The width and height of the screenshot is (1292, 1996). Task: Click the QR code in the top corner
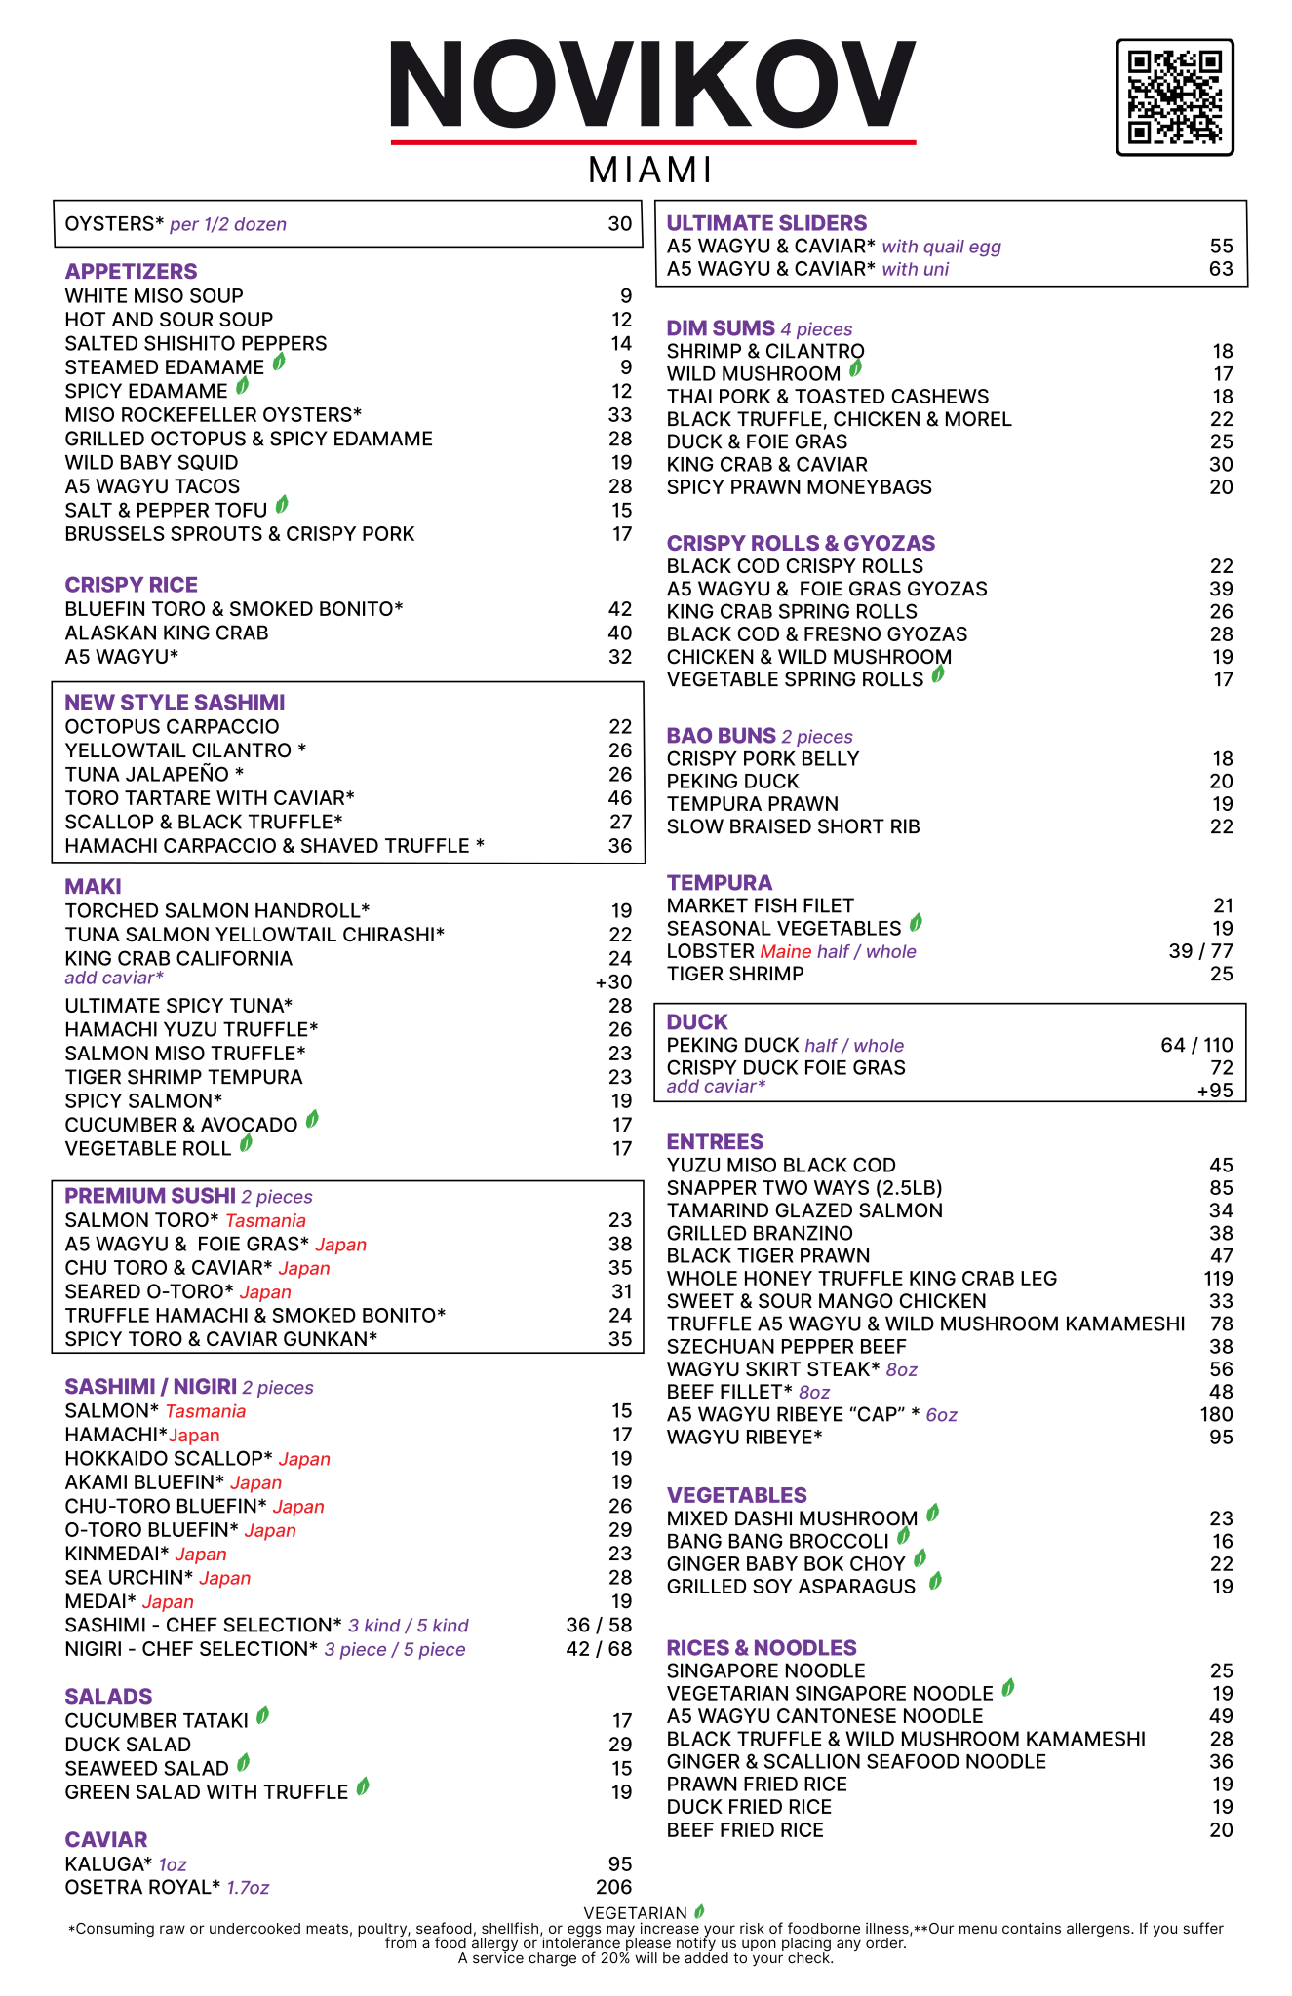1174,97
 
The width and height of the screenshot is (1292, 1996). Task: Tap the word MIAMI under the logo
650,171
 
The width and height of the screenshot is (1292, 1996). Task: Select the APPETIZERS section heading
131,272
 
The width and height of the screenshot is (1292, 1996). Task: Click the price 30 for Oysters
620,224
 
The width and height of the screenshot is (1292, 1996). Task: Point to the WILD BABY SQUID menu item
151,463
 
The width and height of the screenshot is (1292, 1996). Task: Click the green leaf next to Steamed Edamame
279,363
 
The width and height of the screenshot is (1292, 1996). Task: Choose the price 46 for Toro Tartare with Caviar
620,798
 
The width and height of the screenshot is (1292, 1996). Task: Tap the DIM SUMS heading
721,328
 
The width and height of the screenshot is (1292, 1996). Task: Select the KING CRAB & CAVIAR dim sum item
766,465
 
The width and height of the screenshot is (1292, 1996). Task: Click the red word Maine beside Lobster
786,951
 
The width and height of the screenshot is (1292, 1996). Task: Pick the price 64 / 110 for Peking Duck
1196,1045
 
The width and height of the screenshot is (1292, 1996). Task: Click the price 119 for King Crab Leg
1218,1279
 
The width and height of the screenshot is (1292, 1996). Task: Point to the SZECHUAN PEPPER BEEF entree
787,1347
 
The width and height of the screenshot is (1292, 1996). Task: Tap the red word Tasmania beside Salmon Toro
265,1221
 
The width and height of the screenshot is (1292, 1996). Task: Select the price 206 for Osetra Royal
613,1888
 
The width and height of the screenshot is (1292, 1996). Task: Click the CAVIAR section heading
106,1840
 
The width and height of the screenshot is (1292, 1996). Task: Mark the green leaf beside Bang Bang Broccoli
903,1537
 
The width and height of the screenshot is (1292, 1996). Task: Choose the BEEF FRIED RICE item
745,1830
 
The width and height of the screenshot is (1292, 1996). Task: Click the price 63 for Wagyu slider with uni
1221,269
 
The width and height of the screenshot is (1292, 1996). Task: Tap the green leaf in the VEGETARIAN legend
699,1912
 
